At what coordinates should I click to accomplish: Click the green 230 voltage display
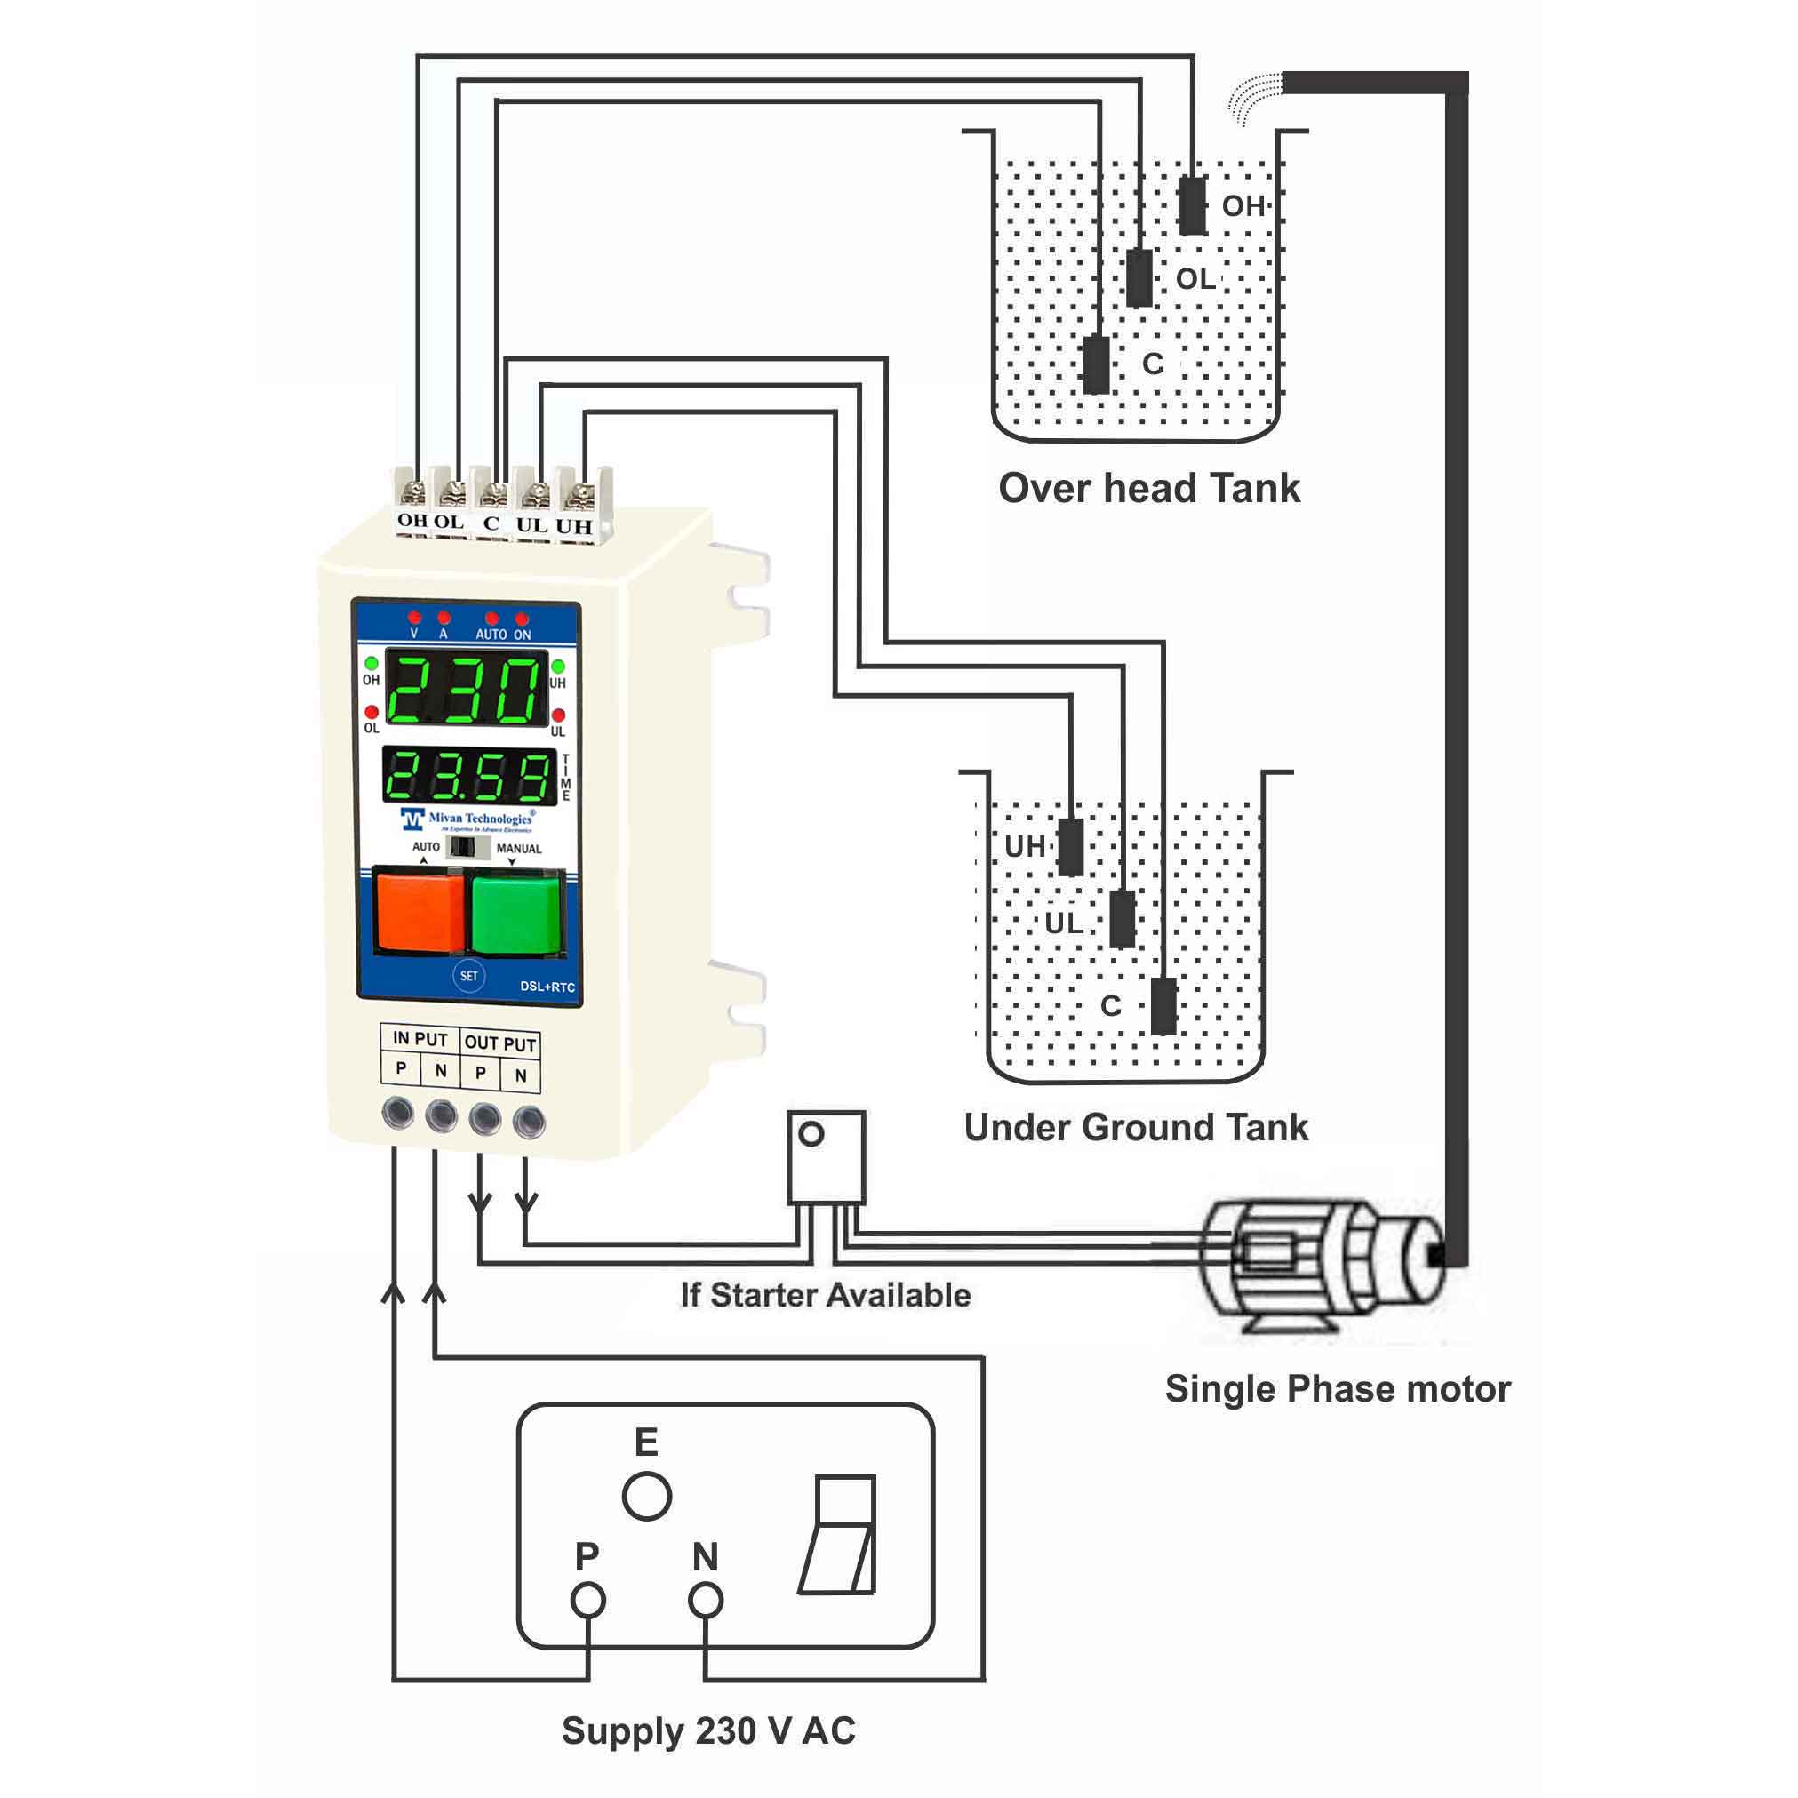click(466, 690)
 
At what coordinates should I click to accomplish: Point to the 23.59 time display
click(468, 775)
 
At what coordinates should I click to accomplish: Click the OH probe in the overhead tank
click(1192, 205)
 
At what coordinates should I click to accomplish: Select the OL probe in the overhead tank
click(1139, 277)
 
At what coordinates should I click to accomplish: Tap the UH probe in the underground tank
click(1071, 847)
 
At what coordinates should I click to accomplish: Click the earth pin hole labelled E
click(646, 1497)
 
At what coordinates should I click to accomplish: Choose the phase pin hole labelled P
click(587, 1601)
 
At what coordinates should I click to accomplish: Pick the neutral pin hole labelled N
click(705, 1601)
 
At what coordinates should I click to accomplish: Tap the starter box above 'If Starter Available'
click(826, 1157)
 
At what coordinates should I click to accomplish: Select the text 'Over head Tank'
click(1148, 489)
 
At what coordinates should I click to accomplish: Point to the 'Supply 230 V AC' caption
click(708, 1731)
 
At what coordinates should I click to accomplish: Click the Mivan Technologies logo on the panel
click(468, 819)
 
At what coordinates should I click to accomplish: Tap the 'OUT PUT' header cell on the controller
click(499, 1043)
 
